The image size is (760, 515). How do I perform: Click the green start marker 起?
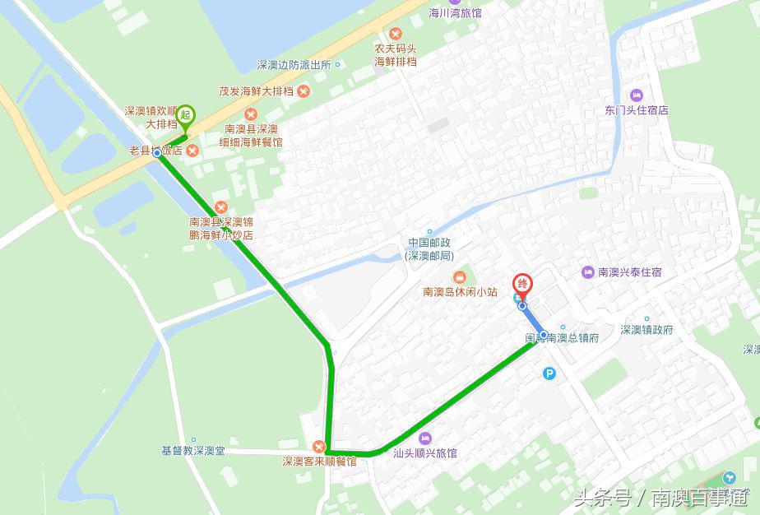tap(185, 116)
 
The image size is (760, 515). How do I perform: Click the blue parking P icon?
tap(549, 373)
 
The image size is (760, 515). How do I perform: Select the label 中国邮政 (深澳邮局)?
tap(429, 248)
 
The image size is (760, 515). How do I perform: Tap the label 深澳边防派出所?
tap(293, 65)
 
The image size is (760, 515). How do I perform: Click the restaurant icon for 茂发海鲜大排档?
tap(304, 90)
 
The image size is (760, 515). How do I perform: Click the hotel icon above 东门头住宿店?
tap(636, 95)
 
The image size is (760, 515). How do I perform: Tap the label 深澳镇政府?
tap(646, 329)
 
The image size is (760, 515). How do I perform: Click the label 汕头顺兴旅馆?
tap(424, 453)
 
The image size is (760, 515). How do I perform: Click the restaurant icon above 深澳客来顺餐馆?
tap(319, 447)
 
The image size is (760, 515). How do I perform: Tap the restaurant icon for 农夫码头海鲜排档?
tap(396, 33)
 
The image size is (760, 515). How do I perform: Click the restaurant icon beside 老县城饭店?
tap(192, 150)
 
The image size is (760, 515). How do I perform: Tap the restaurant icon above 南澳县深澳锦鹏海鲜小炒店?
tap(220, 206)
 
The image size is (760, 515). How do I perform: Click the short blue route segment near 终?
tap(533, 320)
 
